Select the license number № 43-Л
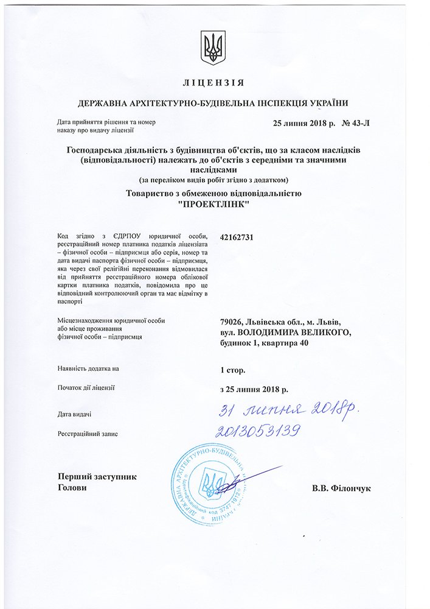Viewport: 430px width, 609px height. (356, 124)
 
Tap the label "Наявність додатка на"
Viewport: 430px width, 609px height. (89, 369)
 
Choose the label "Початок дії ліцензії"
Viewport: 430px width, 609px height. (86, 387)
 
